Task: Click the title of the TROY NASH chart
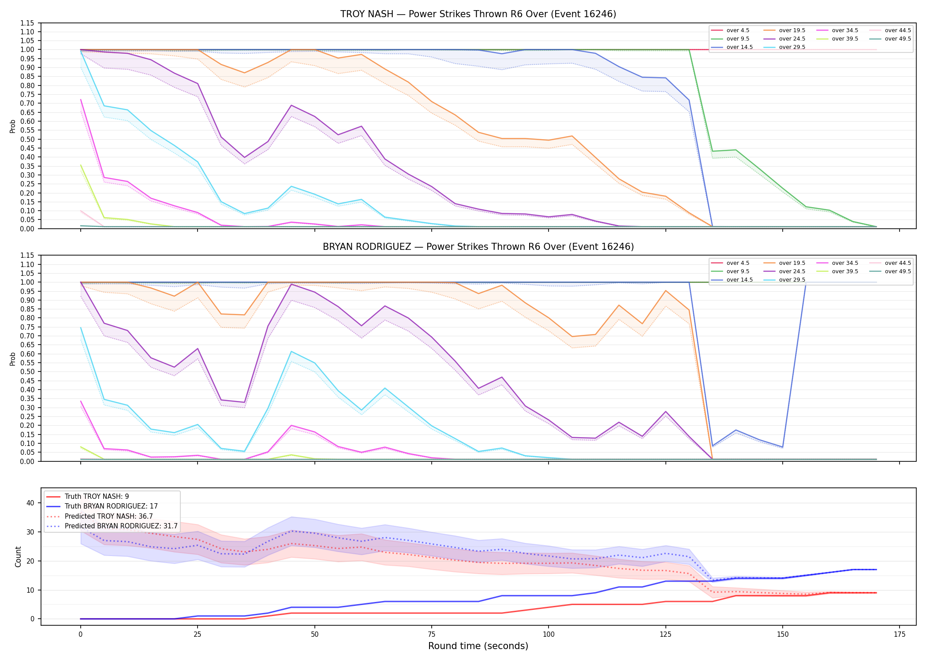pyautogui.click(x=478, y=14)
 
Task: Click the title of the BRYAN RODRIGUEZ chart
pyautogui.click(x=478, y=247)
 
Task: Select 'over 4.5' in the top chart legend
pyautogui.click(x=738, y=30)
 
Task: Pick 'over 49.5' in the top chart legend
pyautogui.click(x=898, y=39)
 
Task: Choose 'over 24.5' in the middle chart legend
pyautogui.click(x=792, y=271)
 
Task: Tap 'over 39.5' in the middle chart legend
pyautogui.click(x=845, y=271)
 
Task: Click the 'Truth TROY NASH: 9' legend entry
pyautogui.click(x=97, y=497)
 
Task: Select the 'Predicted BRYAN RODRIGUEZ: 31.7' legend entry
pyautogui.click(x=121, y=526)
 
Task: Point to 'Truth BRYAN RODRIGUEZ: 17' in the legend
pyautogui.click(x=111, y=506)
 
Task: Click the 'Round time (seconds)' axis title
pyautogui.click(x=478, y=646)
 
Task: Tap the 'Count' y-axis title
pyautogui.click(x=18, y=557)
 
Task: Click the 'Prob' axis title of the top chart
pyautogui.click(x=13, y=126)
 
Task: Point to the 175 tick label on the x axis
pyautogui.click(x=900, y=635)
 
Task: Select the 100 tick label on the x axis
pyautogui.click(x=548, y=635)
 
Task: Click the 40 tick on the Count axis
pyautogui.click(x=30, y=503)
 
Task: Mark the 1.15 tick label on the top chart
pyautogui.click(x=27, y=23)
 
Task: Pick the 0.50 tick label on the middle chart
pyautogui.click(x=27, y=371)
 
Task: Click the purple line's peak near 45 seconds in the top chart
pyautogui.click(x=291, y=105)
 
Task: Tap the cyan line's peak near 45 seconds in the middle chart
pyautogui.click(x=291, y=351)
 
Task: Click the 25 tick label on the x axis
pyautogui.click(x=197, y=635)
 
